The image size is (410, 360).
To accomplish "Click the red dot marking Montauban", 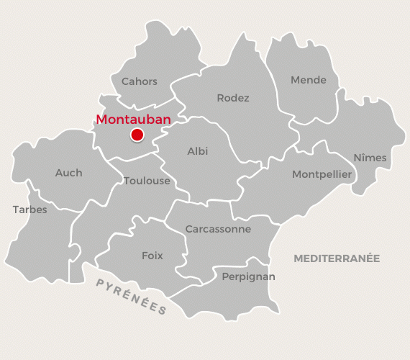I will tap(137, 135).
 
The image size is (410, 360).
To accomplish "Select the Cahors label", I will tap(139, 81).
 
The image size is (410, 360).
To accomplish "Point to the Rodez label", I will tap(233, 98).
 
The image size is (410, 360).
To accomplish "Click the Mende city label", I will tap(308, 80).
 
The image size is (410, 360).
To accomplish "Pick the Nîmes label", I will tap(370, 158).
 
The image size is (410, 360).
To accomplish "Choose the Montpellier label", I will tap(322, 174).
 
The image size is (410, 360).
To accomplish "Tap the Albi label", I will tap(198, 151).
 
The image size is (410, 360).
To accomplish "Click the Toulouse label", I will tap(147, 180).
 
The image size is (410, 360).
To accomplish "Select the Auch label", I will tap(68, 173).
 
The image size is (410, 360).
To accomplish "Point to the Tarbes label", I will tap(29, 210).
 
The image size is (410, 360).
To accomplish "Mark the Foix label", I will tap(152, 256).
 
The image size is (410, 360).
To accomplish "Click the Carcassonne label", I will tap(218, 229).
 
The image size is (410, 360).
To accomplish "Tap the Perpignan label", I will tap(248, 276).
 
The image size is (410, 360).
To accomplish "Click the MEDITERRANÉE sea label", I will tap(336, 258).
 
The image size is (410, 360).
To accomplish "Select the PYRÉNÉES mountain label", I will tap(132, 295).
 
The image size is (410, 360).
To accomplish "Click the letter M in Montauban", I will tap(101, 120).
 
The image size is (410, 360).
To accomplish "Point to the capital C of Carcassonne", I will tap(188, 229).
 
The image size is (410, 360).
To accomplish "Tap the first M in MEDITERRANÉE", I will tap(298, 258).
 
